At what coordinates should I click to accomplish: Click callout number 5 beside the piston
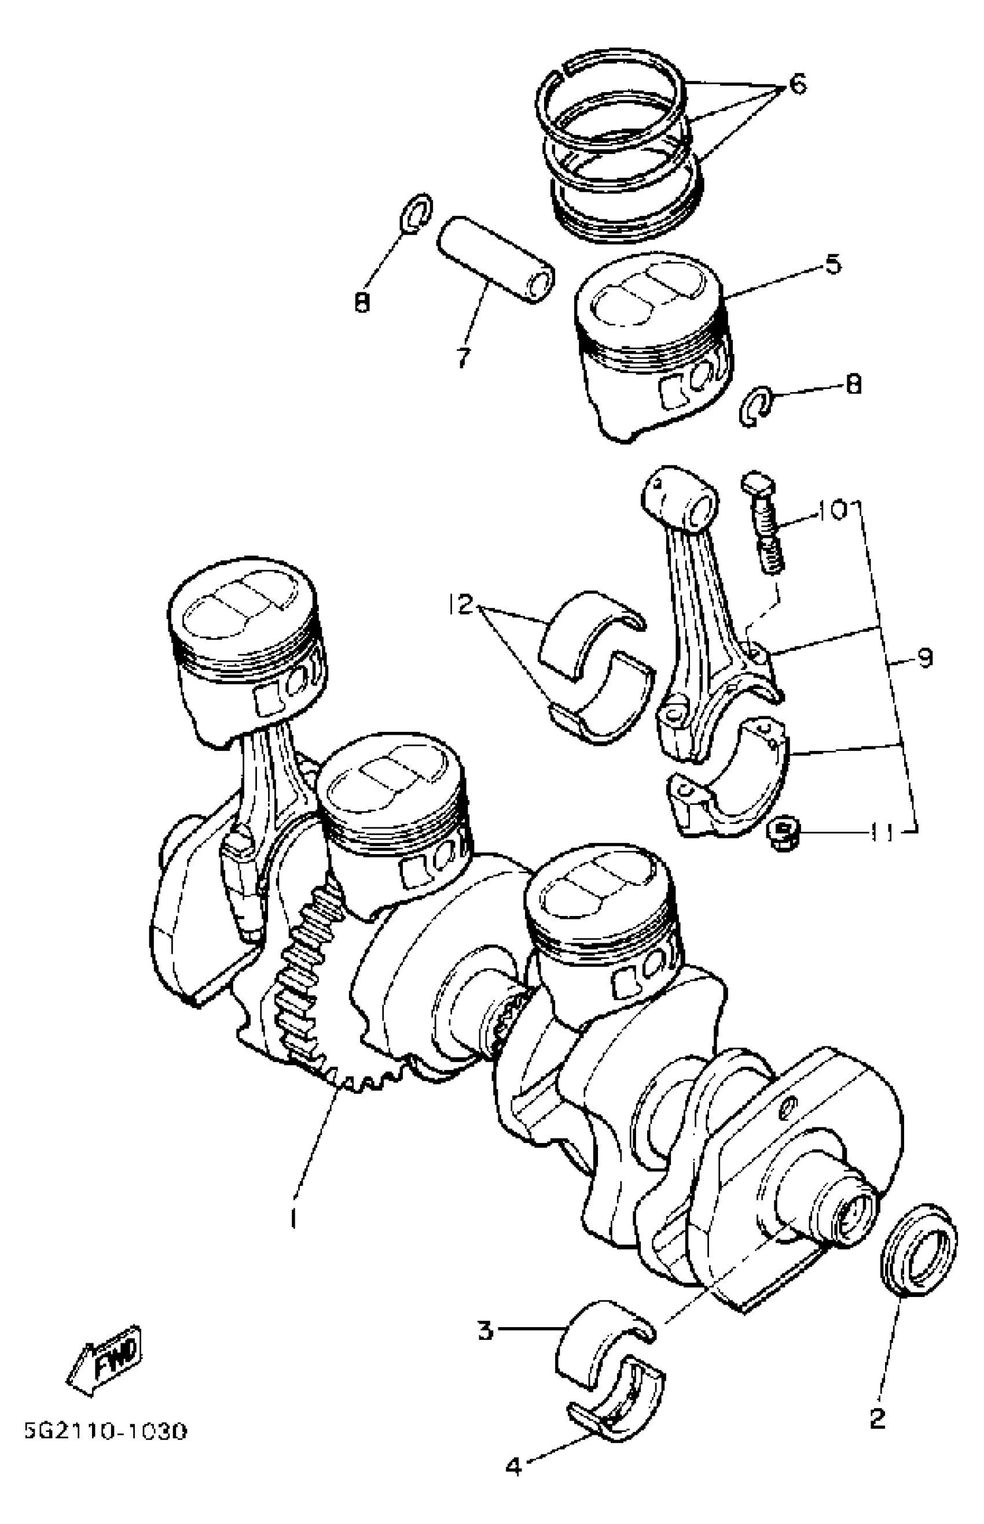(x=832, y=264)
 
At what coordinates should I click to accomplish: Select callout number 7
(x=463, y=358)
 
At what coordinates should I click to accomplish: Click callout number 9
(x=925, y=658)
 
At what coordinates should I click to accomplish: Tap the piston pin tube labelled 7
(x=495, y=261)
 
